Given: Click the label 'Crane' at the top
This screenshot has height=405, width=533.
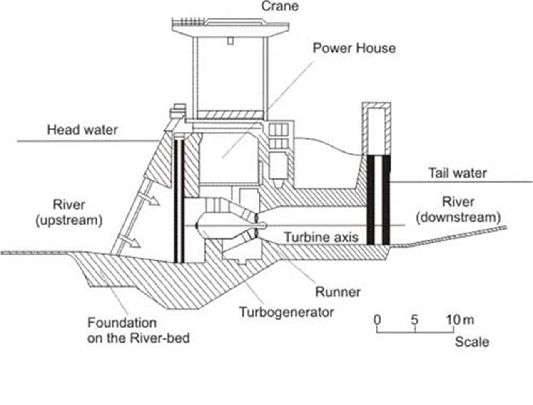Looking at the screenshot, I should coord(279,6).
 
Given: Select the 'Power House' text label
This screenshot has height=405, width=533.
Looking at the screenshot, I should coord(354,48).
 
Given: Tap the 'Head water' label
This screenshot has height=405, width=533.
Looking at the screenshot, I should coord(82,130).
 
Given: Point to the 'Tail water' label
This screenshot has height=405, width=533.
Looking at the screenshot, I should coord(458,172).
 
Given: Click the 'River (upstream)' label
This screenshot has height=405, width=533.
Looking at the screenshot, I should coord(69,212).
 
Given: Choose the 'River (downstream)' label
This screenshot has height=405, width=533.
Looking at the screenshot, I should coord(458,210).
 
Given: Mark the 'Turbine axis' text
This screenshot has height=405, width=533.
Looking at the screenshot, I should coord(321,237).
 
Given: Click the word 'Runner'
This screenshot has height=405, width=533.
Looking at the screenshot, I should coord(338,292).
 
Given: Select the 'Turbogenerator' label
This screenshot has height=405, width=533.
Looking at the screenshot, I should coord(286,312).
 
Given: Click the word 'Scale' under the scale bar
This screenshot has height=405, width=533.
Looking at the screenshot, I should coord(472,342).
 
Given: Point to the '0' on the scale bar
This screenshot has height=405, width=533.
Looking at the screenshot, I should coord(377,320).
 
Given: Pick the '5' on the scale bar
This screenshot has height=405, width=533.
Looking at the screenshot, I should coord(415,320).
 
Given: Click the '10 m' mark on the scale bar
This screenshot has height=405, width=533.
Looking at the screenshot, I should coord(460,320).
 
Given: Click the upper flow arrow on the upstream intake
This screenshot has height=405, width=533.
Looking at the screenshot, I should coord(152,200).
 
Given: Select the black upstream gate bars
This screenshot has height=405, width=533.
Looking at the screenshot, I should coord(179,200).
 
